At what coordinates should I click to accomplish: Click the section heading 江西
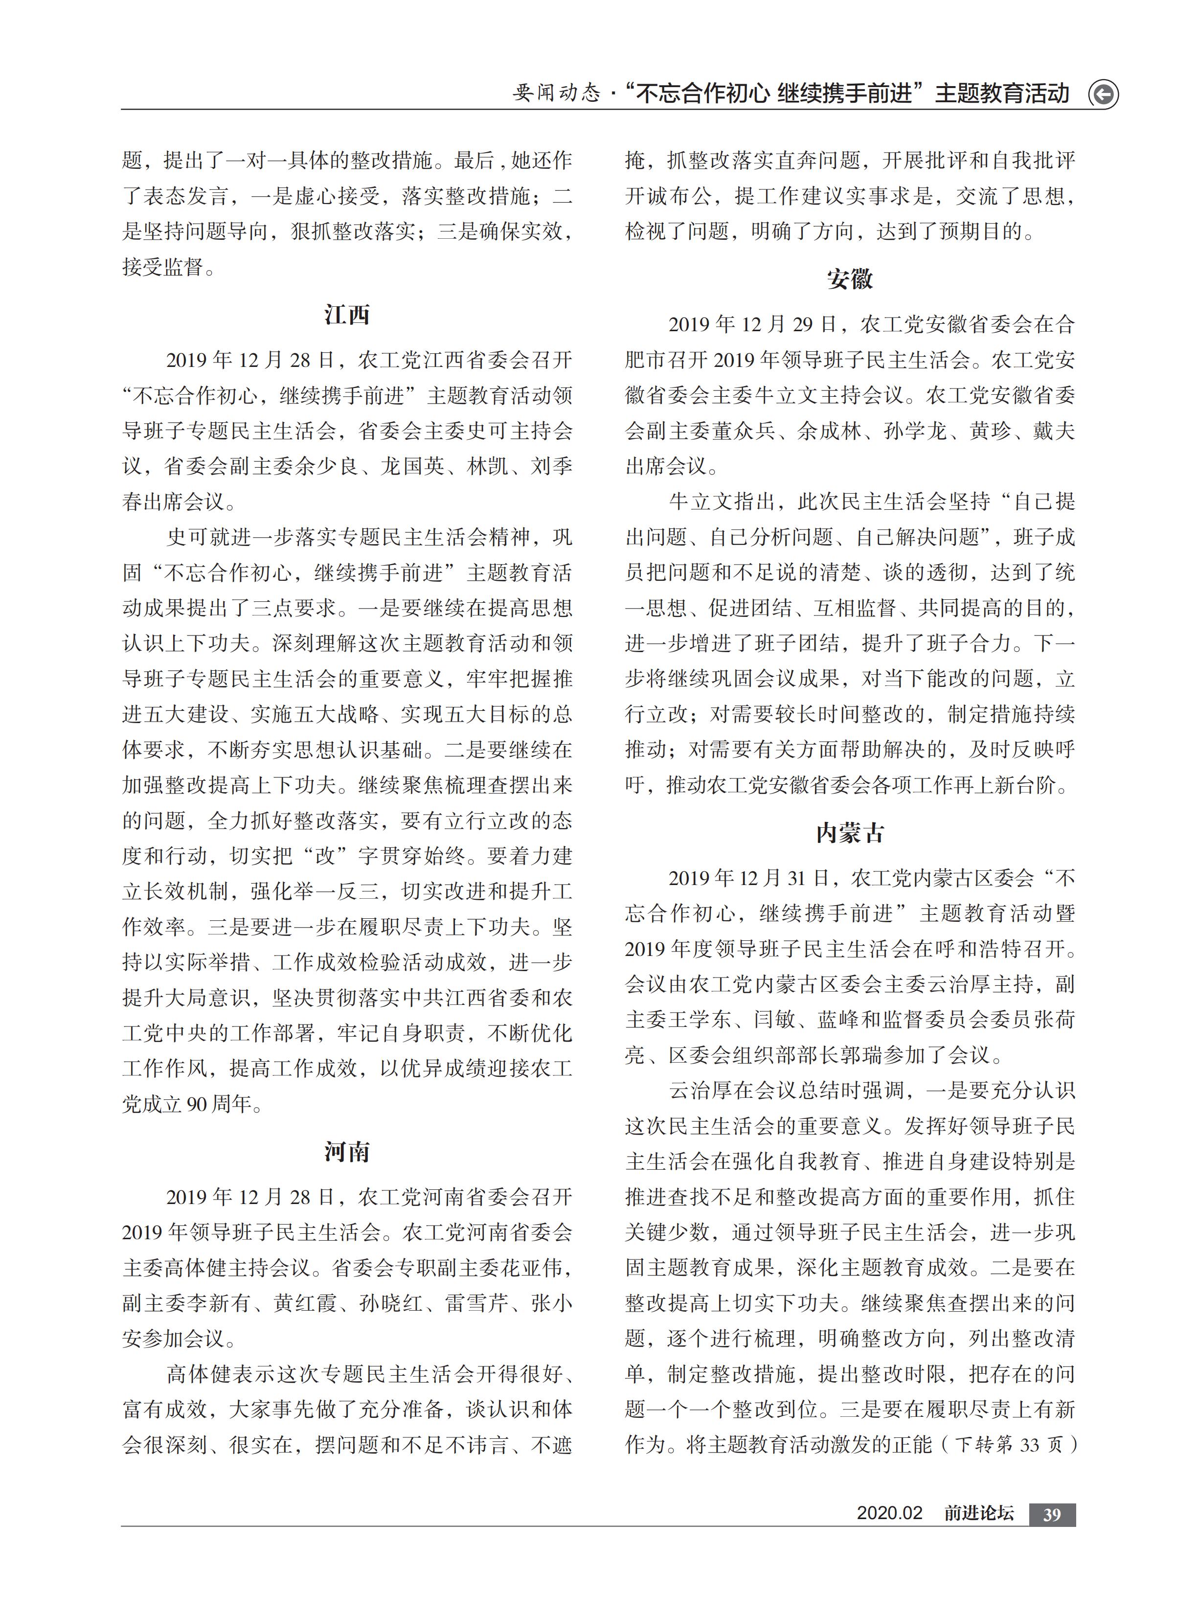(347, 315)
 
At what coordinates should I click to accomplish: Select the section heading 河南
(347, 1151)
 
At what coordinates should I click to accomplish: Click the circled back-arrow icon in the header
(1103, 94)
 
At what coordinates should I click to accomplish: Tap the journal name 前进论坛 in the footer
(978, 1514)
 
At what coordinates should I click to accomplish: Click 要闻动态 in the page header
(557, 93)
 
